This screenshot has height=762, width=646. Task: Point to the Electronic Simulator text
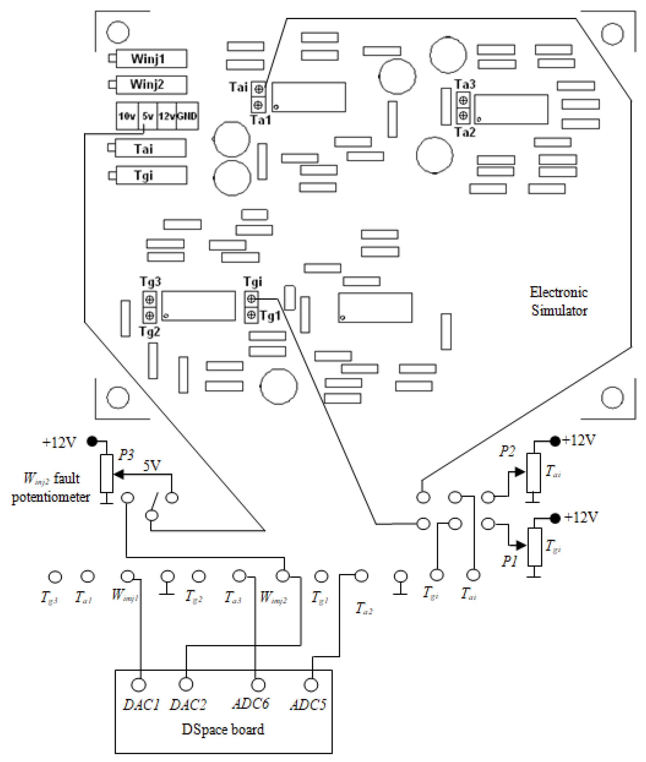coord(559,301)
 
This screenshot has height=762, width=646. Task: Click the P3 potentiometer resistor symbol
coord(107,473)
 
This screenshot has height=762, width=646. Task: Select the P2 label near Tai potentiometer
coord(507,451)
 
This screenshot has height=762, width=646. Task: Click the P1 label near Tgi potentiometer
coord(509,561)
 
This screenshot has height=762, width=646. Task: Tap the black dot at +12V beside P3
coord(92,441)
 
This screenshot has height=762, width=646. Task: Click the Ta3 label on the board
coord(465,84)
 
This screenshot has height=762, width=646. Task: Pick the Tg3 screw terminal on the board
coord(149,299)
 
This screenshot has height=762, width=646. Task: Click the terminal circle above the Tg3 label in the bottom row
coord(55,577)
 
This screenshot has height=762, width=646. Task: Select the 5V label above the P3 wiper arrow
coord(152,465)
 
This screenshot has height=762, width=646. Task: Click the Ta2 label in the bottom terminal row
coord(364,609)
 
